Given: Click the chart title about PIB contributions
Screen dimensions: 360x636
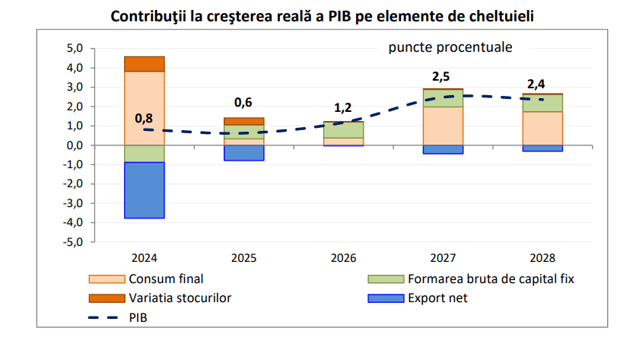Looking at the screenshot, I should coord(322,15).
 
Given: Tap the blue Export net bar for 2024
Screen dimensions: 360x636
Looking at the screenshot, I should coord(145,190).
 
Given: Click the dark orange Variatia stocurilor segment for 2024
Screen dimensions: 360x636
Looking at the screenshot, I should coord(145,64).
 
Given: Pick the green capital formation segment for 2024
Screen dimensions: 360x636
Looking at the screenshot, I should coord(145,154).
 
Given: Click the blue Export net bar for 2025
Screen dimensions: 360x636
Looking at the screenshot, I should coord(244,153).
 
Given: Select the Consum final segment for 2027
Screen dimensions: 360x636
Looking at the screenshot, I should coord(442,126).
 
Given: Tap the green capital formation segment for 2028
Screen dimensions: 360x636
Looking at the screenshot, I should coord(542,104).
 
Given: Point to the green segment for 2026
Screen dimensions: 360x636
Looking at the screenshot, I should coord(343,130).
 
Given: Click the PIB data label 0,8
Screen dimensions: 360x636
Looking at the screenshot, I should coord(144,118).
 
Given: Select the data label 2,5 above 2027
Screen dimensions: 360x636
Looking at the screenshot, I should coord(441,76).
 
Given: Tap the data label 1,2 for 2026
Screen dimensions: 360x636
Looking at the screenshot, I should coord(343,108).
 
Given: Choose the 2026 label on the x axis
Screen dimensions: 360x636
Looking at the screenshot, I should coord(343,258).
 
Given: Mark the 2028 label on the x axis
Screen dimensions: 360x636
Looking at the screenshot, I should coord(542,258).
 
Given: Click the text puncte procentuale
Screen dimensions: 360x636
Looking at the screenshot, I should coord(450,47).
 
